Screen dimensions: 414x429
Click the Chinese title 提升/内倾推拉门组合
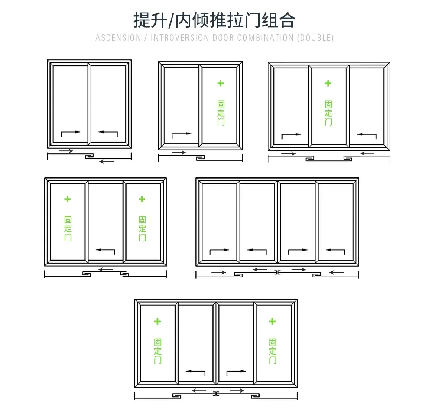214,20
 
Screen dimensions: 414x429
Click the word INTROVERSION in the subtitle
179,38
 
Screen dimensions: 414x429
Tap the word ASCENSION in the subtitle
118,38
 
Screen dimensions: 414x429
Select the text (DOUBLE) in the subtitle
315,38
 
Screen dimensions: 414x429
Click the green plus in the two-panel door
221,83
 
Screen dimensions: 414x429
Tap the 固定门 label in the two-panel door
221,113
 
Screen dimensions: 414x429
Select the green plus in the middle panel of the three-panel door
328,83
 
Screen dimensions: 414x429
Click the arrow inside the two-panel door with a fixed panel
182,135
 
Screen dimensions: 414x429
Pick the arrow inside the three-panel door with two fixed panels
105,251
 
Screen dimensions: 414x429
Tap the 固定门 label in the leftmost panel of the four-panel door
158,351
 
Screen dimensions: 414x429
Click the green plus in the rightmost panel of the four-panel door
272,321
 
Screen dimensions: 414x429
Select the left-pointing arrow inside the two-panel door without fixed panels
108,132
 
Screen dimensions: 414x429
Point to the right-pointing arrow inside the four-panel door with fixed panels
236,372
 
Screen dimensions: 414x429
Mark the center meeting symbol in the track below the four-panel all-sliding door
277,272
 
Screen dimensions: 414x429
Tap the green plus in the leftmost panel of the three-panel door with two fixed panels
68,199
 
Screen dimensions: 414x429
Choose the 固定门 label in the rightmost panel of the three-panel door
142,228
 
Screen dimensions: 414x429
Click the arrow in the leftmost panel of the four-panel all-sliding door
219,251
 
